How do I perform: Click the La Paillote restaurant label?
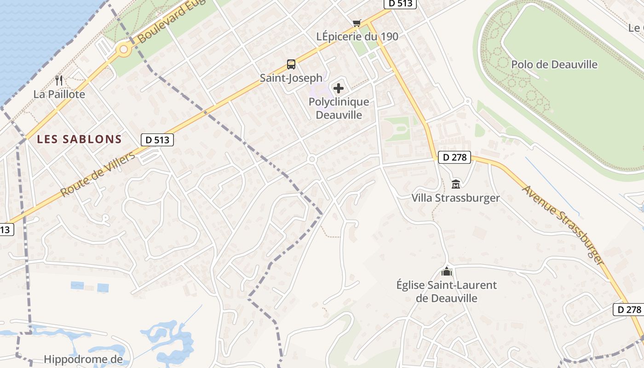(59, 94)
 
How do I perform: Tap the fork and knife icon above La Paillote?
(59, 80)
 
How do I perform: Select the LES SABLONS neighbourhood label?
(79, 139)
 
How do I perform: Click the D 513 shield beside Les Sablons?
(157, 140)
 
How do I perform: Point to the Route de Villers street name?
(98, 174)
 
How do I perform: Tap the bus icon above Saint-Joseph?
(291, 64)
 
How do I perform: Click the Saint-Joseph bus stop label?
(291, 78)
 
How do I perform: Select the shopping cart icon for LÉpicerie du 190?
(356, 23)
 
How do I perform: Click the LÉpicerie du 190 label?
(357, 36)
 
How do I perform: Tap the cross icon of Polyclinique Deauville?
(339, 88)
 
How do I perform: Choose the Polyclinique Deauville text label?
(339, 108)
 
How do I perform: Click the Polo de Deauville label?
(554, 64)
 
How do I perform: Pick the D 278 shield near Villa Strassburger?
(454, 157)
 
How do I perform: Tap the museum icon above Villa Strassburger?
(455, 184)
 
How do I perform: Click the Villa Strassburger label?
(455, 198)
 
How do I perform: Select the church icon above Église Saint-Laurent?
(446, 271)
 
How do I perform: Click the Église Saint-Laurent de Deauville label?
(446, 291)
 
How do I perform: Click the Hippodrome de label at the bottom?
(83, 359)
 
